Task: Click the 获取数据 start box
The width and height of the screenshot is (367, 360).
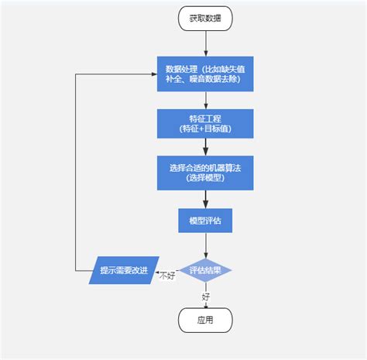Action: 205,19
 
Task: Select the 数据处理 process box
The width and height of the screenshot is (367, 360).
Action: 205,74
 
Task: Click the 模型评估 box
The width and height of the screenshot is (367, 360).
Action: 205,221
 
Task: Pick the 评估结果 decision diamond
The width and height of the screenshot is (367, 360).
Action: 205,271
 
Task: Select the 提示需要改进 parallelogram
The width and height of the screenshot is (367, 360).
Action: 124,270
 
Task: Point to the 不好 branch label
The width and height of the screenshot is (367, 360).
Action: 166,276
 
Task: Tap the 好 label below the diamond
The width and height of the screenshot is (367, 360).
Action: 206,296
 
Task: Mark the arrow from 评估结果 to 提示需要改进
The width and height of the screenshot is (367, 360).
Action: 170,270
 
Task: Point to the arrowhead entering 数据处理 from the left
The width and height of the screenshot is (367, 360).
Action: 153,74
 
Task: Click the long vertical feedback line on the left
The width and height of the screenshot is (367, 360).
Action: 74,170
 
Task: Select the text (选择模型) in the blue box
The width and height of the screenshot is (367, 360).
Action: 205,179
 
